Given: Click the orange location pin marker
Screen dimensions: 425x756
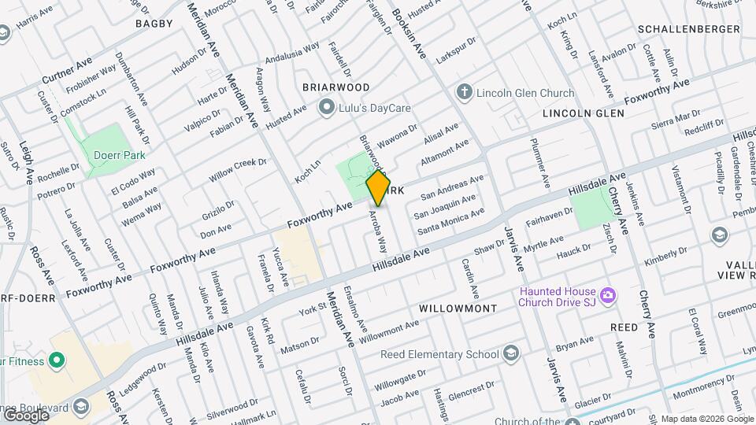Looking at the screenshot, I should point(379,187).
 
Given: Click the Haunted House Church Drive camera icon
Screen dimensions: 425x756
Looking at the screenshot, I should point(607,296).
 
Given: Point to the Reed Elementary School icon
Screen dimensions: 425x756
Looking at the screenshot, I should point(513,353).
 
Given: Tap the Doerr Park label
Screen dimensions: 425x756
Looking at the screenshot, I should point(118,155).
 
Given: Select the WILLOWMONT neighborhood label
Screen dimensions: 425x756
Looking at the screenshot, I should point(458,308).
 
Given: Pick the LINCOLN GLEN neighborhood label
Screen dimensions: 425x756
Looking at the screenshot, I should point(583,113).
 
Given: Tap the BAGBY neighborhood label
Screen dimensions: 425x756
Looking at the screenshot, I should point(154,24).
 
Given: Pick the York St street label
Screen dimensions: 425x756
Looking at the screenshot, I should point(313,309).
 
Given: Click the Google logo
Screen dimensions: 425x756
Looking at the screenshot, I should point(26,415).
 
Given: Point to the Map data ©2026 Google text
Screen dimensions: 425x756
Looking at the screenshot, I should point(706,419).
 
